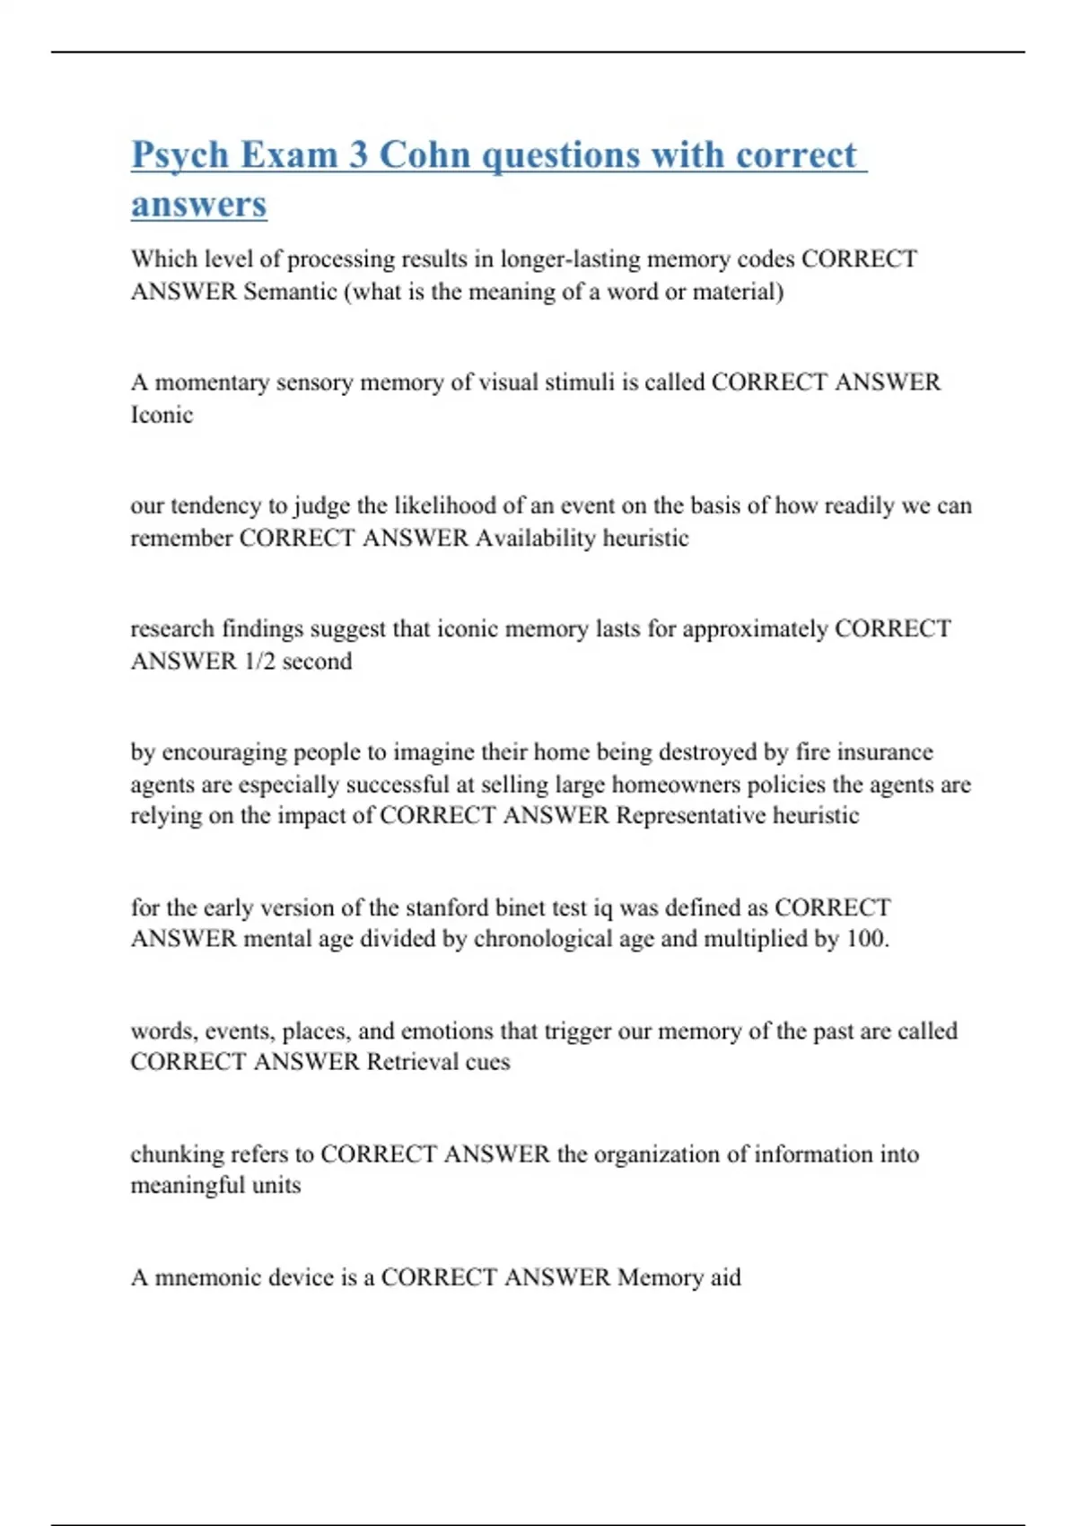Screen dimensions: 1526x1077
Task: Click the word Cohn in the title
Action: coord(425,154)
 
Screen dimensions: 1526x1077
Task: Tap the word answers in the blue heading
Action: coord(199,204)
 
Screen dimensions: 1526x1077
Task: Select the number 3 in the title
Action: coord(358,154)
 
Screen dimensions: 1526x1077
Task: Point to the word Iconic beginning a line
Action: coord(162,415)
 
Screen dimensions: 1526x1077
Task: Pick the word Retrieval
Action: coord(411,1062)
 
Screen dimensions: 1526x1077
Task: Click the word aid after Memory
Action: coord(725,1277)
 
